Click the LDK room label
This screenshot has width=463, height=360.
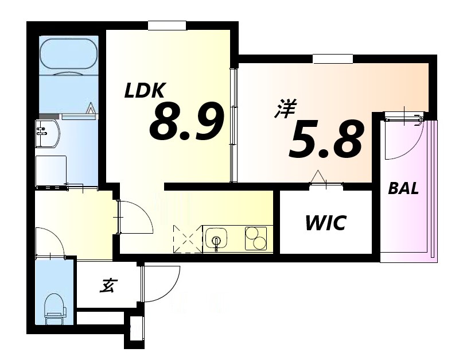tap(146, 91)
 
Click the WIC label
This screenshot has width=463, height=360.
tap(325, 223)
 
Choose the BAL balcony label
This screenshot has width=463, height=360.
tap(403, 188)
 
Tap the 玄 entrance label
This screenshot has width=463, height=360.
tap(106, 285)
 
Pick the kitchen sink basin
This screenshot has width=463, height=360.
tap(216, 238)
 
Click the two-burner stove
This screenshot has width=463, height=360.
tap(256, 238)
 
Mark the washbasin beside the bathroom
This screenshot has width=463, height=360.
tap(46, 134)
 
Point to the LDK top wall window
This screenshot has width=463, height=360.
tap(167, 25)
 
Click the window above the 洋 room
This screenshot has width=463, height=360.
tap(333, 59)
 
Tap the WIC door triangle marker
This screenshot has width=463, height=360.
tap(317, 177)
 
